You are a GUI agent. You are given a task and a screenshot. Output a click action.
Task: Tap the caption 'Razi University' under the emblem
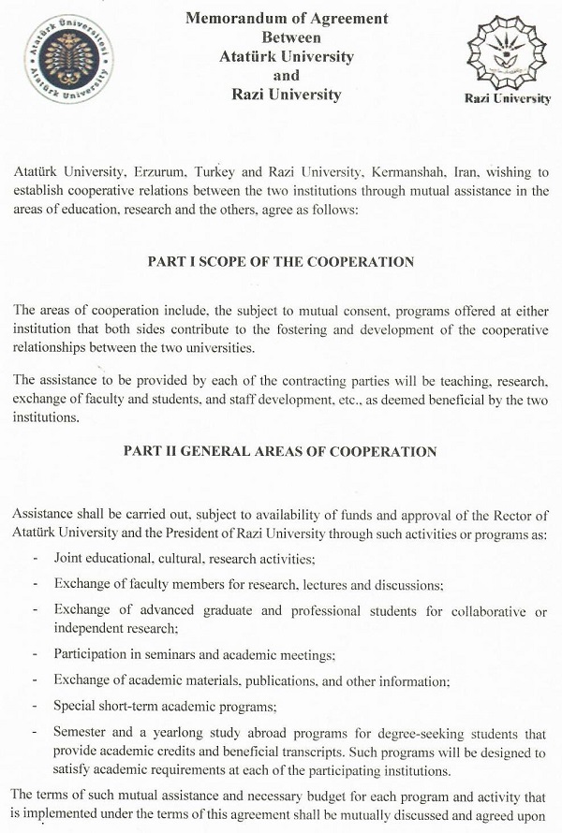[x=507, y=99]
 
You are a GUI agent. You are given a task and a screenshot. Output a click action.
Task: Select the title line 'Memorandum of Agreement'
[x=287, y=19]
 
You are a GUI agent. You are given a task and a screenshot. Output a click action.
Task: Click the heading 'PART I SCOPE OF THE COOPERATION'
[x=280, y=262]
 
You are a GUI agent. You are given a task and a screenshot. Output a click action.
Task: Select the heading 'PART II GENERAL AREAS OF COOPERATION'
[x=280, y=451]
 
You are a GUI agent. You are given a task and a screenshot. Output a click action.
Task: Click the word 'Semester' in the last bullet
[x=81, y=734]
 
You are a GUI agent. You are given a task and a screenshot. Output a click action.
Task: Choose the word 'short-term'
[x=132, y=706]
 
